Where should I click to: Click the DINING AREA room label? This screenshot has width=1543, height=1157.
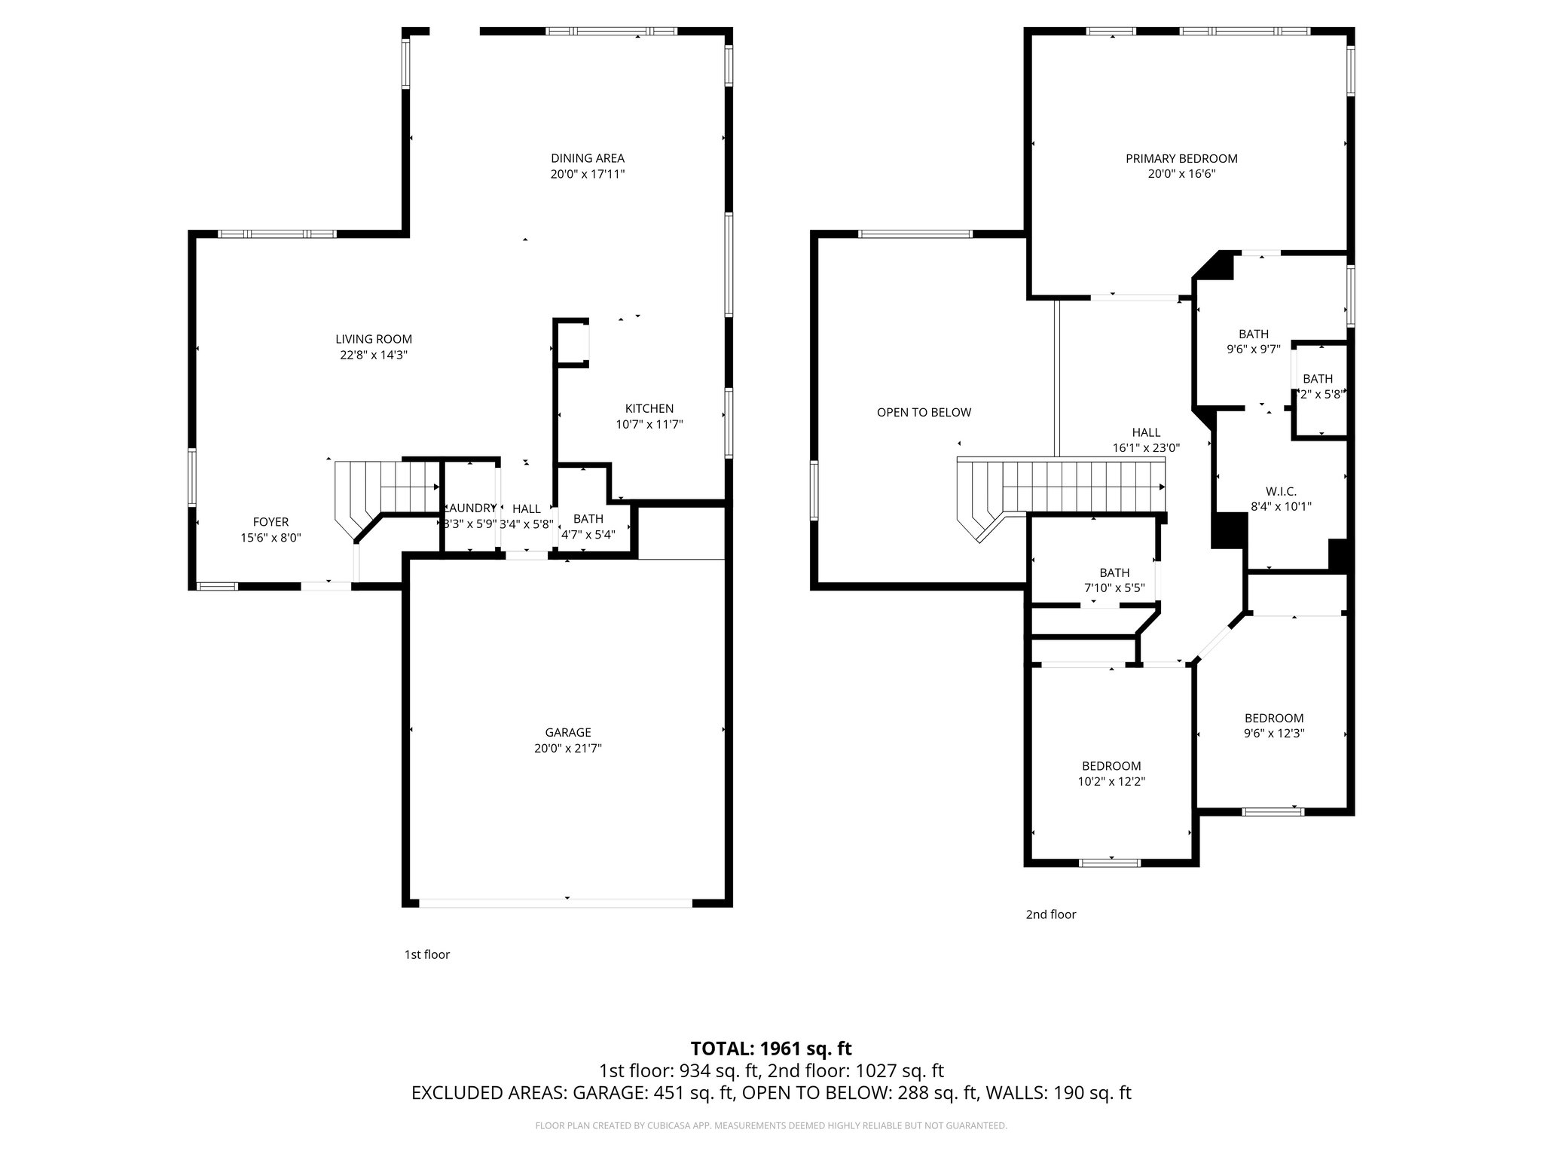coord(587,158)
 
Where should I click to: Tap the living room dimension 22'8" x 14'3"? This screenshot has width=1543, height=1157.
coord(373,355)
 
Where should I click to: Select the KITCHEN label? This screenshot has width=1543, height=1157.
coord(649,408)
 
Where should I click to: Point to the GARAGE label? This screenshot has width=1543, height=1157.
coord(567,732)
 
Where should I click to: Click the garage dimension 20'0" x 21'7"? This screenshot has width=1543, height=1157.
coord(567,748)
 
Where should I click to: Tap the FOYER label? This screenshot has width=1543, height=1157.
coord(270,521)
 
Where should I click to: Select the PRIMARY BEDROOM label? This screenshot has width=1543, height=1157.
coord(1181,158)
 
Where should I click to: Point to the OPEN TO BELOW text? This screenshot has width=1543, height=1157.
coord(924,412)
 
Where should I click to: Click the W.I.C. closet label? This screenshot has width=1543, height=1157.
coord(1280,491)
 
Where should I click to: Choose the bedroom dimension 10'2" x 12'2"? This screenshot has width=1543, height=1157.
coord(1111,782)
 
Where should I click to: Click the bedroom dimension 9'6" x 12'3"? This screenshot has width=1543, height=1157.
coord(1273,733)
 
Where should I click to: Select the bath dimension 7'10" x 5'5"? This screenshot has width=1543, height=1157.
coord(1114,588)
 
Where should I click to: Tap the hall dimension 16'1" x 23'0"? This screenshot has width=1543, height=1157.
coord(1145,447)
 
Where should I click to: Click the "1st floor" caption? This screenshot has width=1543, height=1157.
coord(426,954)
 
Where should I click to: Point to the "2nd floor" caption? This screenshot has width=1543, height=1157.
coord(1050,914)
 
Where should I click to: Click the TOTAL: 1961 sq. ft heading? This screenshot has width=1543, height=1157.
coord(771,1049)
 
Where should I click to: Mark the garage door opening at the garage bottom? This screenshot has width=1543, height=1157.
coord(555,902)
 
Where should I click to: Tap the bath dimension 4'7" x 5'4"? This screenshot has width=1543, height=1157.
coord(588,535)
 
